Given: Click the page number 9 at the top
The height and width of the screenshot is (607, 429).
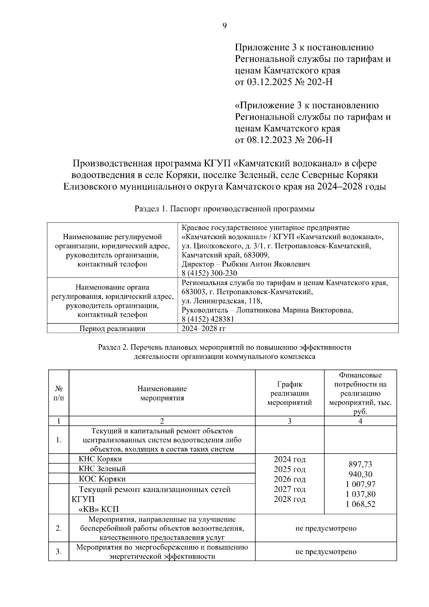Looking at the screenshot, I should [225, 26].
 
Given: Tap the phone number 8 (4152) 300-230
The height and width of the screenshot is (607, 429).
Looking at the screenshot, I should [209, 273].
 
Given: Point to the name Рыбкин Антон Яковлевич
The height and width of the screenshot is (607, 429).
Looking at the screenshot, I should [266, 264].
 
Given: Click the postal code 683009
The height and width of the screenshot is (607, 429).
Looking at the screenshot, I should [256, 255].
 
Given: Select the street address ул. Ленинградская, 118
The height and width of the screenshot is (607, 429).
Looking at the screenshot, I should [222, 301].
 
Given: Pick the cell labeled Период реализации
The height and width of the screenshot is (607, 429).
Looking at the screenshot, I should [112, 329].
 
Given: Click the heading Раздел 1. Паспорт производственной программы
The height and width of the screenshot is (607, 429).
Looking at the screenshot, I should [225, 209].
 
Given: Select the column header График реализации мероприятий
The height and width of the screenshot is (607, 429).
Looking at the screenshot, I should [290, 393].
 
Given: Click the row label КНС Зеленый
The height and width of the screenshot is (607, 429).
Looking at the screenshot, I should [102, 468].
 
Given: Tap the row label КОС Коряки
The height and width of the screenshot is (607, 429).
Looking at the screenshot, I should [102, 479].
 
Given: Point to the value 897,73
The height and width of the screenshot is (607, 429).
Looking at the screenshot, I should [360, 464].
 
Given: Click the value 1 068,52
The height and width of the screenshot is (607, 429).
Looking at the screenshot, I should [360, 504].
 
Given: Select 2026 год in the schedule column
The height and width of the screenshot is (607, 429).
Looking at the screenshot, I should [290, 479].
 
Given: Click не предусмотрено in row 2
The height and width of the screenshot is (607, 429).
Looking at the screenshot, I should [326, 528].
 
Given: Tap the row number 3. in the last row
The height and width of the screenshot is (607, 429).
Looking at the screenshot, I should [59, 552].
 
